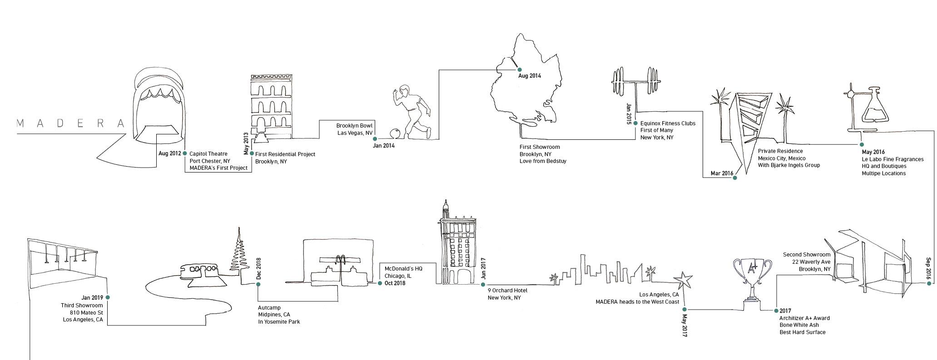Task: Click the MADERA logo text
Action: [x=70, y=123]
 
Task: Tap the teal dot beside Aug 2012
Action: [x=184, y=153]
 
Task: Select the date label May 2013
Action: [x=246, y=143]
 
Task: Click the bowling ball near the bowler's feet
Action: [x=396, y=133]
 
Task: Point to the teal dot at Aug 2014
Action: [x=520, y=69]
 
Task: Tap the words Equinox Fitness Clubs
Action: [x=668, y=123]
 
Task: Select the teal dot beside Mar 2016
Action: [x=735, y=178]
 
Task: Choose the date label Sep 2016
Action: [x=928, y=268]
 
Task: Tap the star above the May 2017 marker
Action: [x=683, y=280]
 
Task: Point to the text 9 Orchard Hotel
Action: [x=507, y=291]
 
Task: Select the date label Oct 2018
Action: [x=395, y=283]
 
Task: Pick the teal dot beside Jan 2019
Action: [x=108, y=297]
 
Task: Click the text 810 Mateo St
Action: [x=86, y=313]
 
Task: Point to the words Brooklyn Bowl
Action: [x=354, y=126]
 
